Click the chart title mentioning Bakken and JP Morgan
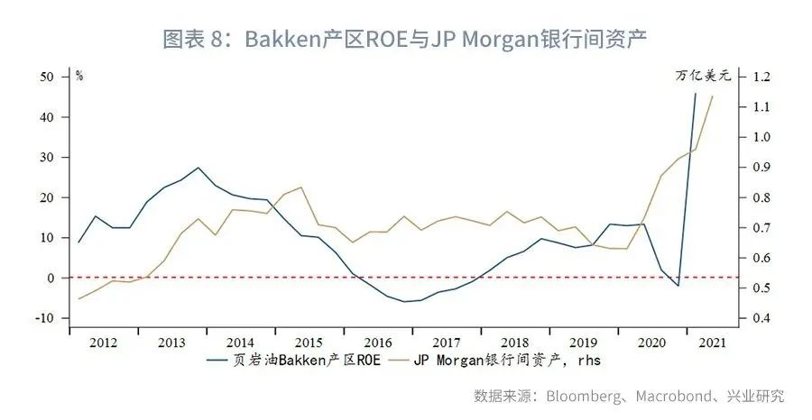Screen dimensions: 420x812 [406, 39]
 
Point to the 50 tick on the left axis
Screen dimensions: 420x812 [48, 77]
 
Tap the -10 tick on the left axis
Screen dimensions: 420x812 [46, 318]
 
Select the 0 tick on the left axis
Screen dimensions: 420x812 [51, 278]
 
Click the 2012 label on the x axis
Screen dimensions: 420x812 [103, 343]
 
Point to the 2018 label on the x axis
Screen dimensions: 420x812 [514, 343]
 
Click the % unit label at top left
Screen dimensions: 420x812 [79, 76]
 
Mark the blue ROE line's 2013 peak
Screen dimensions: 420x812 [198, 168]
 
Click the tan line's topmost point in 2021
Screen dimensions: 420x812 [713, 96]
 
